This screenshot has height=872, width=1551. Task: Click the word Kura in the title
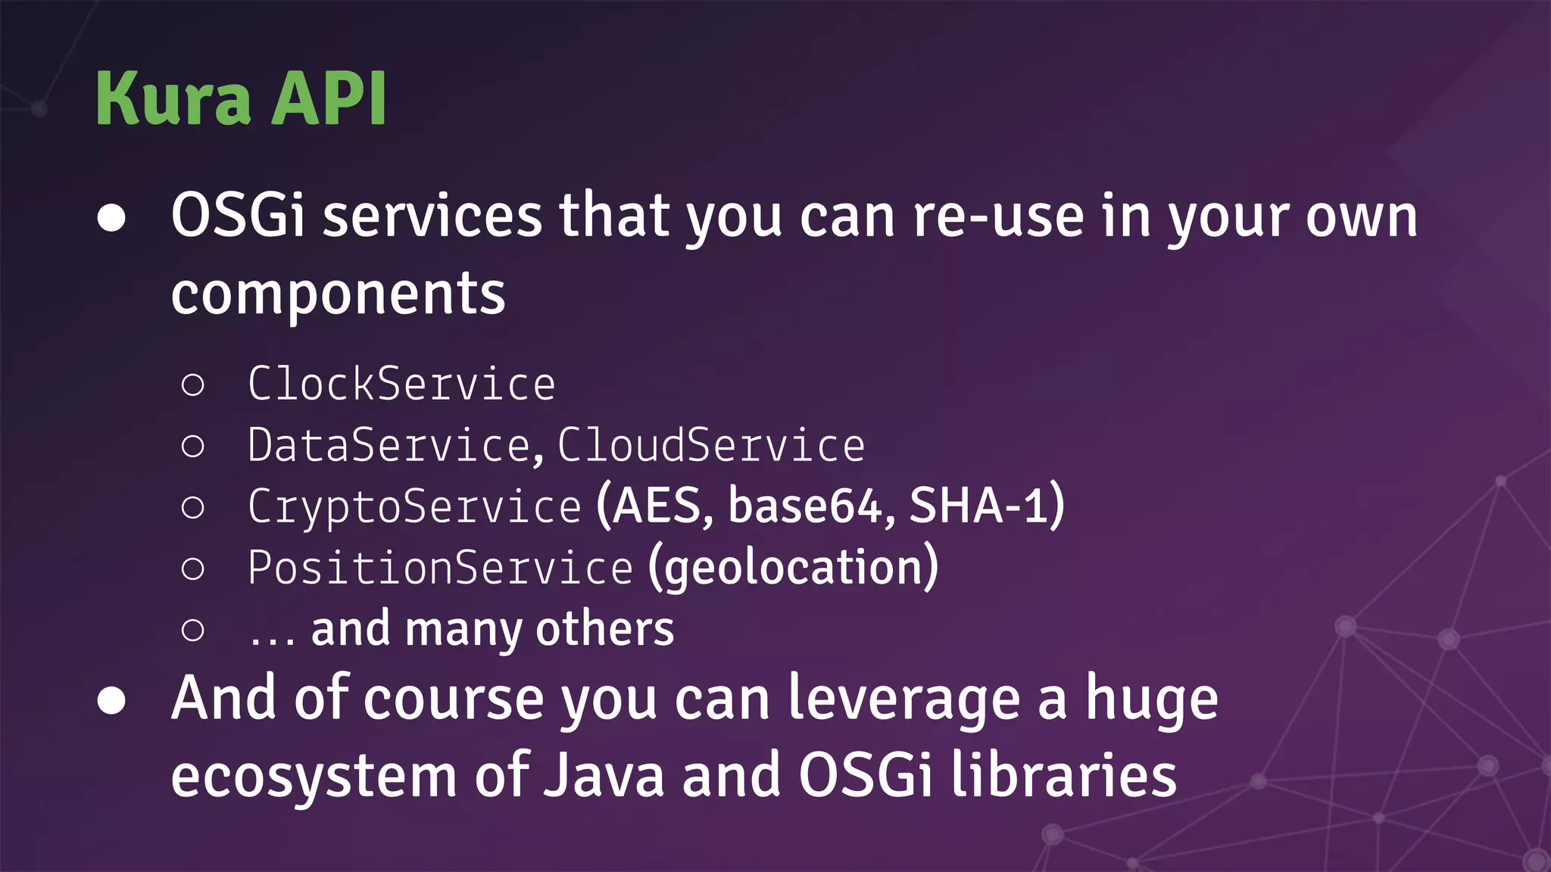tap(173, 98)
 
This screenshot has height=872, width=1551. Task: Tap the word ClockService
tap(401, 384)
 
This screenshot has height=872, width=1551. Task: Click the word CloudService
tap(711, 445)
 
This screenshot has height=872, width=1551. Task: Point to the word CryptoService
tap(414, 506)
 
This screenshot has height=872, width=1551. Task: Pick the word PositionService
tap(440, 568)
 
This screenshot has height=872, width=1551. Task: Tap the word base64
tap(804, 506)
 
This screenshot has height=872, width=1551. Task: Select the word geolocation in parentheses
tap(793, 568)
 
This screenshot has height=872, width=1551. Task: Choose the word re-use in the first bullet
tap(997, 216)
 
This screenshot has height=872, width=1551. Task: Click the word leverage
tap(903, 699)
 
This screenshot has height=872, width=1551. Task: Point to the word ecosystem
tap(314, 777)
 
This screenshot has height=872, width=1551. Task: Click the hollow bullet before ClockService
tap(193, 385)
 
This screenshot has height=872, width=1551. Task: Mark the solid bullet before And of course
tap(111, 701)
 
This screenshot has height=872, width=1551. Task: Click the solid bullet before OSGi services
tap(111, 218)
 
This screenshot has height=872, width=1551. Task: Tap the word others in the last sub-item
tap(604, 630)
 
